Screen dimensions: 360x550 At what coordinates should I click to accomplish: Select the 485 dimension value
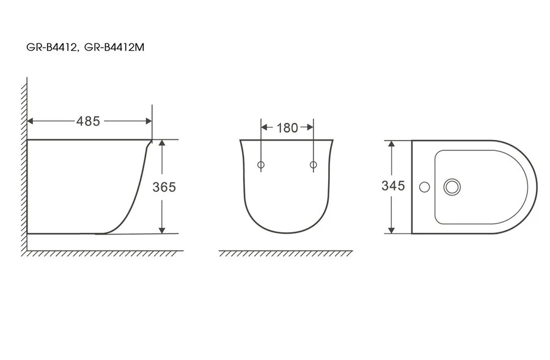88,121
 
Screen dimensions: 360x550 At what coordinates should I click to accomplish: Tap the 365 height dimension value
164,187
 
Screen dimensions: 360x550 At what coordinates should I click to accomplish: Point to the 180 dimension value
287,128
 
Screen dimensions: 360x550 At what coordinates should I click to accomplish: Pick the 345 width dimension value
393,186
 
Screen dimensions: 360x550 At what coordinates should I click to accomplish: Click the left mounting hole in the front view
261,165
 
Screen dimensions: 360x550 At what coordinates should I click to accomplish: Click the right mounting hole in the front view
313,165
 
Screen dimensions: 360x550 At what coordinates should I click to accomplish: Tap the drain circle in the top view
452,186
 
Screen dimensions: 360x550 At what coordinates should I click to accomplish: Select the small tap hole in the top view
425,186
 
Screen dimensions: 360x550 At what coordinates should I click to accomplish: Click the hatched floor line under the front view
286,253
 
